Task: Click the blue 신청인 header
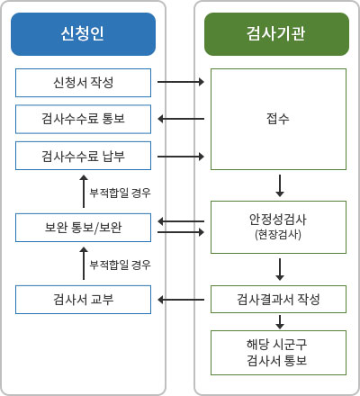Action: [x=83, y=34]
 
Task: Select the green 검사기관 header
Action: [x=276, y=34]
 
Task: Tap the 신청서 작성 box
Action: [x=83, y=83]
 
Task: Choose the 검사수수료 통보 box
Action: [x=83, y=119]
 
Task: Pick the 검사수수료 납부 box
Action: [x=83, y=156]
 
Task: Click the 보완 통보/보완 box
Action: [x=83, y=228]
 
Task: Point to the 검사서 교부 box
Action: [x=83, y=300]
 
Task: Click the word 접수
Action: [x=278, y=119]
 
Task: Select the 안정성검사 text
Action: [x=278, y=220]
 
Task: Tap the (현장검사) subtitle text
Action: [x=278, y=234]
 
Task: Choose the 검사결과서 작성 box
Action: [x=278, y=299]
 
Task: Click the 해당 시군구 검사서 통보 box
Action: [x=278, y=353]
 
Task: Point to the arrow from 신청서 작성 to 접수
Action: [x=181, y=82]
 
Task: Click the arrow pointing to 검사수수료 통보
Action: [x=181, y=119]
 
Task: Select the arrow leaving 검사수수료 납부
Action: [x=181, y=157]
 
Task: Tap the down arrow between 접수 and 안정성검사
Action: [x=280, y=185]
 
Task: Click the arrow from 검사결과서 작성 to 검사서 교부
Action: [x=181, y=300]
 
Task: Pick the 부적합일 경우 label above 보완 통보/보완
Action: [x=120, y=193]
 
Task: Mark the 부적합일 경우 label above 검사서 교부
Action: [x=120, y=265]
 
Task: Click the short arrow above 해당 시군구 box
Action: [x=280, y=322]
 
